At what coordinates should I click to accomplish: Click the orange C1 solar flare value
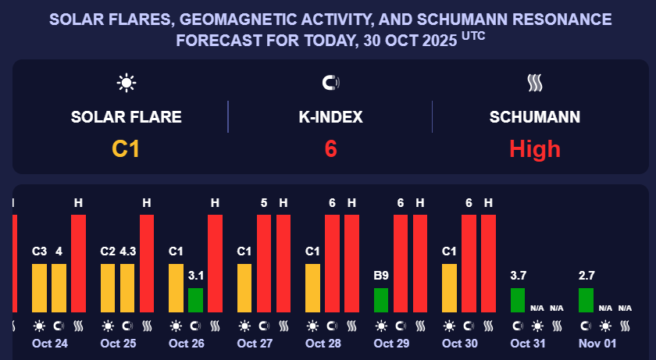click(126, 148)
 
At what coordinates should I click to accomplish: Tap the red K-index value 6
click(330, 148)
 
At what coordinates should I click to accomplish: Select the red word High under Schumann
click(535, 148)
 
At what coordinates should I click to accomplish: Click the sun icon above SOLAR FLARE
click(126, 82)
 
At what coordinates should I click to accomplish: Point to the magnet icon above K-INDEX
click(330, 82)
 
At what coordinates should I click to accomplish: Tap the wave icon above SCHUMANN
click(535, 82)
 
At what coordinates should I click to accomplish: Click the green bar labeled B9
click(381, 300)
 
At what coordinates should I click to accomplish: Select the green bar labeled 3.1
click(195, 300)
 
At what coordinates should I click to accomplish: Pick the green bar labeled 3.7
click(518, 300)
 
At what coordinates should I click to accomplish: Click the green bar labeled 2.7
click(586, 300)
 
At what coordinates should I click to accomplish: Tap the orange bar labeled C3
click(40, 287)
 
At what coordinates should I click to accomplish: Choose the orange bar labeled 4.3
click(127, 287)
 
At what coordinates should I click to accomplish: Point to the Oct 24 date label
click(49, 344)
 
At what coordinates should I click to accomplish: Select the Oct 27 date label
click(254, 344)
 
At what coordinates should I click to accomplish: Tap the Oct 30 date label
click(459, 344)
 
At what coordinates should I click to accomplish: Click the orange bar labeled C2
click(108, 287)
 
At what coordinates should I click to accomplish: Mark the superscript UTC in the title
click(473, 35)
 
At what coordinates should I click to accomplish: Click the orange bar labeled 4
click(59, 287)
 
